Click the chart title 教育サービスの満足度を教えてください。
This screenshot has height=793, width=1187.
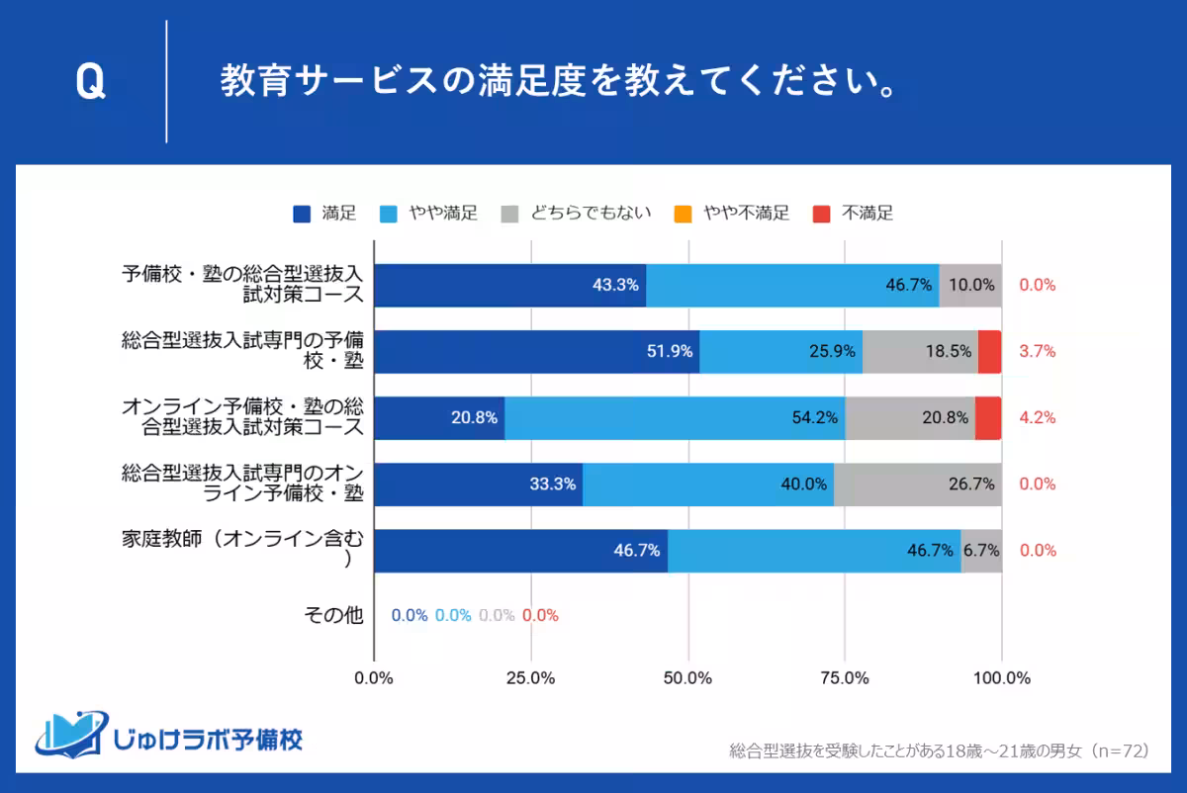(x=559, y=83)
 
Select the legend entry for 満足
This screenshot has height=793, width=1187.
(x=325, y=213)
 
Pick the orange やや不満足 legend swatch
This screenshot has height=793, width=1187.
(x=683, y=213)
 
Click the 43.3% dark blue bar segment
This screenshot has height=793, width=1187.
(x=509, y=286)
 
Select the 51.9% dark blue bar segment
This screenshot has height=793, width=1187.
(x=536, y=352)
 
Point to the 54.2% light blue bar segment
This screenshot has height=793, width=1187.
(x=675, y=418)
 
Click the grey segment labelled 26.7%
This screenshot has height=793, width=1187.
(x=918, y=485)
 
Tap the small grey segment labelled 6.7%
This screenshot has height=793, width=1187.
(x=981, y=551)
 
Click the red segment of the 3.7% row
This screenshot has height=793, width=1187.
(x=989, y=352)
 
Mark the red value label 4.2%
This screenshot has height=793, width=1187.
(x=1038, y=417)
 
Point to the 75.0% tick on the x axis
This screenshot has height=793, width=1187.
(x=845, y=678)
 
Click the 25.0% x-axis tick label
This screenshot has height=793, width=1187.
(x=530, y=678)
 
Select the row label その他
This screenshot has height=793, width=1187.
(x=333, y=615)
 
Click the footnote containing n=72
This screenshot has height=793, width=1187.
(x=938, y=750)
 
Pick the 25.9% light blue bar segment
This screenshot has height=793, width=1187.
(x=780, y=352)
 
